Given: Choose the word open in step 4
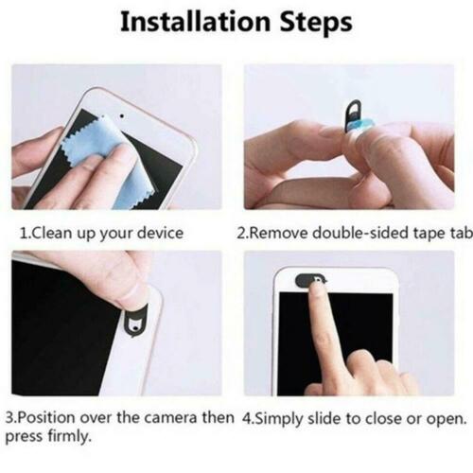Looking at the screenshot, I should point(447,417).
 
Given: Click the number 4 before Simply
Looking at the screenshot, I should point(247,417).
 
